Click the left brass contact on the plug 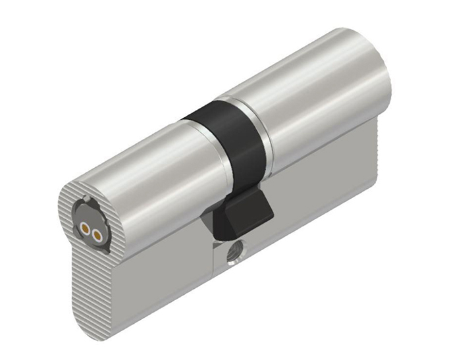(86, 231)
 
